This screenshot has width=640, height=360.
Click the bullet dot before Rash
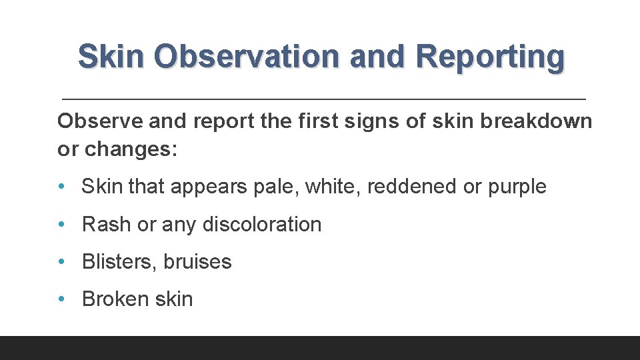62,225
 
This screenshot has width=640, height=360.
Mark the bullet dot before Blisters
62,262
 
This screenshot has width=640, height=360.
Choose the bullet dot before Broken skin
62,299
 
